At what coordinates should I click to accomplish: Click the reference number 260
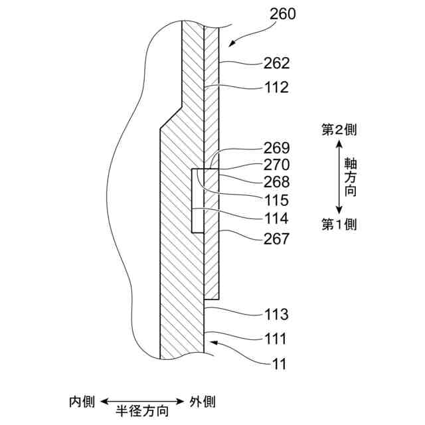pyautogui.click(x=284, y=13)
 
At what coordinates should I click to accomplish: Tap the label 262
pyautogui.click(x=277, y=64)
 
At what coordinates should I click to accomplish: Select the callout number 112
pyautogui.click(x=277, y=87)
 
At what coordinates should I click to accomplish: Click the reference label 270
pyautogui.click(x=277, y=164)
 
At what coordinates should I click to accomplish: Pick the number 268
pyautogui.click(x=277, y=181)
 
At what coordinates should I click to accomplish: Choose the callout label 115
pyautogui.click(x=277, y=199)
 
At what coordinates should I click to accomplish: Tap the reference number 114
pyautogui.click(x=277, y=218)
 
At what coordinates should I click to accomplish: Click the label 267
pyautogui.click(x=277, y=238)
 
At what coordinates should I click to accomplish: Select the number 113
pyautogui.click(x=277, y=314)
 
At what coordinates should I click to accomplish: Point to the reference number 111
pyautogui.click(x=277, y=339)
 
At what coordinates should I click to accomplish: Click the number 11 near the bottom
pyautogui.click(x=278, y=364)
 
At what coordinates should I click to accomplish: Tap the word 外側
pyautogui.click(x=202, y=402)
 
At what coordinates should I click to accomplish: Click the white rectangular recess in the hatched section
pyautogui.click(x=197, y=201)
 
